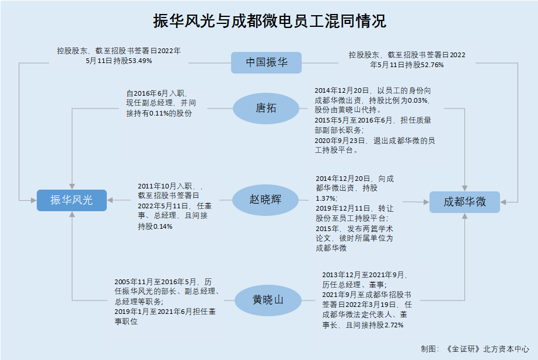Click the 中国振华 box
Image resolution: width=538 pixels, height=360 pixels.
pyautogui.click(x=266, y=62)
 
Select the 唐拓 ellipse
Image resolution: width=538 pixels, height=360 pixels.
pyautogui.click(x=266, y=109)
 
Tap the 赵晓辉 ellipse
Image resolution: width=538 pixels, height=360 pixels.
pyautogui.click(x=265, y=200)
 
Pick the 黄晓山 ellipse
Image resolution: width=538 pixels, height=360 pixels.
pyautogui.click(x=268, y=300)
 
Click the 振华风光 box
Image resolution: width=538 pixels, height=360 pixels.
pyautogui.click(x=72, y=200)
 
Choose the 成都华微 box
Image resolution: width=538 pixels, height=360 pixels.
pyautogui.click(x=464, y=202)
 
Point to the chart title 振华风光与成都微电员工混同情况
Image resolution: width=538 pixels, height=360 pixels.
pyautogui.click(x=270, y=21)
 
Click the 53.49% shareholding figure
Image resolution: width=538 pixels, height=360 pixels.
pyautogui.click(x=140, y=61)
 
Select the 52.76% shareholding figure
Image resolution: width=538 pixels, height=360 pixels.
pyautogui.click(x=432, y=65)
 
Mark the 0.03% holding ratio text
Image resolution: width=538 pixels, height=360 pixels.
pyautogui.click(x=418, y=100)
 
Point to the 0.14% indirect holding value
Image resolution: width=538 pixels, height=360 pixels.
pyautogui.click(x=162, y=226)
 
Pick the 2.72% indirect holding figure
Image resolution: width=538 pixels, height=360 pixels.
pyautogui.click(x=393, y=325)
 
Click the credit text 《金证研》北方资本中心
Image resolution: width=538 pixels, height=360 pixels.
pyautogui.click(x=487, y=349)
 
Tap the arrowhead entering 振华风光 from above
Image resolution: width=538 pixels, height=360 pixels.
pyautogui.click(x=72, y=186)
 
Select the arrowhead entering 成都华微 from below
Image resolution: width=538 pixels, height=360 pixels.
pyautogui.click(x=464, y=216)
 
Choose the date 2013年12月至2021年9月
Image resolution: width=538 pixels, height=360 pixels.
pyautogui.click(x=364, y=275)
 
